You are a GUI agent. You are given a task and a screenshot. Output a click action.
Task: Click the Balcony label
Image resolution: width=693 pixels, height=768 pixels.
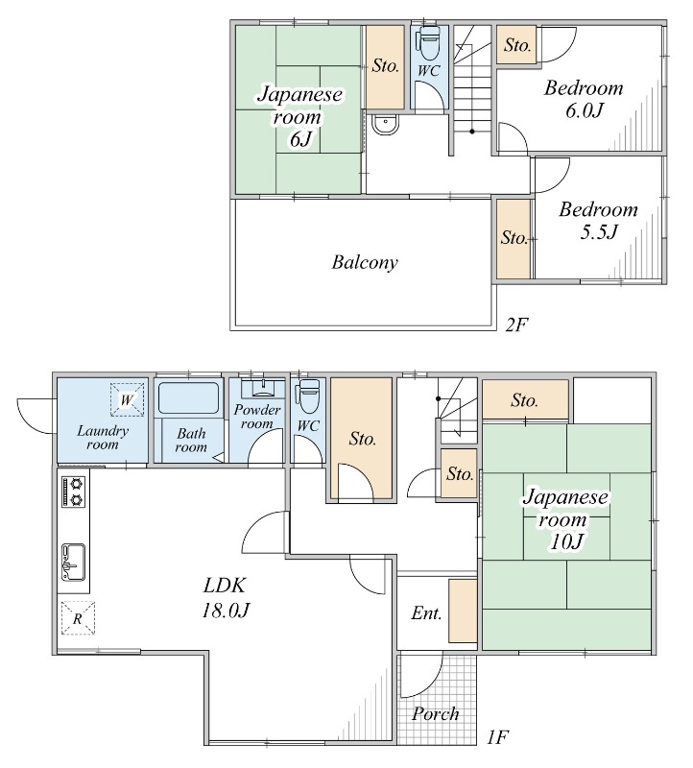click(x=365, y=262)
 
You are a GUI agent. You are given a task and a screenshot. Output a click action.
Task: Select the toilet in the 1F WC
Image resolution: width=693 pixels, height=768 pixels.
click(x=308, y=395)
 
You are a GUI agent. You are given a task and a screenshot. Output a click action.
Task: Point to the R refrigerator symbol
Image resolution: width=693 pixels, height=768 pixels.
click(x=77, y=618)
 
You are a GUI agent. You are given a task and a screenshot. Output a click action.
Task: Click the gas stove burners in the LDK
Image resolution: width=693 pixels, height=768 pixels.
click(x=74, y=491)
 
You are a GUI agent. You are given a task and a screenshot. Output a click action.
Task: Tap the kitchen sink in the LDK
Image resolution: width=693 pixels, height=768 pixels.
click(x=74, y=563)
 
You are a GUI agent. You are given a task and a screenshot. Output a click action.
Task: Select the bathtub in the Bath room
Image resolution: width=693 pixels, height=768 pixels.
click(x=188, y=398)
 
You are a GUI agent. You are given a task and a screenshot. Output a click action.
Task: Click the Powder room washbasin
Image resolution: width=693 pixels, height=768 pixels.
click(x=257, y=389)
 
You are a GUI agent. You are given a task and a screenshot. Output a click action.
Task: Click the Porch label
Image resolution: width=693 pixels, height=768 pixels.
click(x=436, y=714)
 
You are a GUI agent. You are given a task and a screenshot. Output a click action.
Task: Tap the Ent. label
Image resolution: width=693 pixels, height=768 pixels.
click(x=426, y=613)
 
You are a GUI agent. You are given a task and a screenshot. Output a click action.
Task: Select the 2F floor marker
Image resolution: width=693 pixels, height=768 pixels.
click(x=516, y=324)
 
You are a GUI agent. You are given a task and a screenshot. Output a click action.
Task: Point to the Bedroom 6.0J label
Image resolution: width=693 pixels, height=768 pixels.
click(x=584, y=99)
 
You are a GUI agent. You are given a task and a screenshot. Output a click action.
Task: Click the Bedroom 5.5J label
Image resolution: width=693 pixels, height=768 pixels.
click(x=598, y=220)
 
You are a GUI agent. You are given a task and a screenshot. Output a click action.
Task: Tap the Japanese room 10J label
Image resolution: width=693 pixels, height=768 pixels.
click(x=566, y=519)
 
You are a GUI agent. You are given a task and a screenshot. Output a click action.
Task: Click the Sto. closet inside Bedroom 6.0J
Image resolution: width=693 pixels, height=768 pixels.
click(x=517, y=45)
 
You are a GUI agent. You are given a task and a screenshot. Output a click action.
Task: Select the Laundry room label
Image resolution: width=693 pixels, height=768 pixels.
click(x=103, y=437)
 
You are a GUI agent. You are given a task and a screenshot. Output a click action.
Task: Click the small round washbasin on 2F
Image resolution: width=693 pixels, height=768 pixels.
click(x=384, y=124)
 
